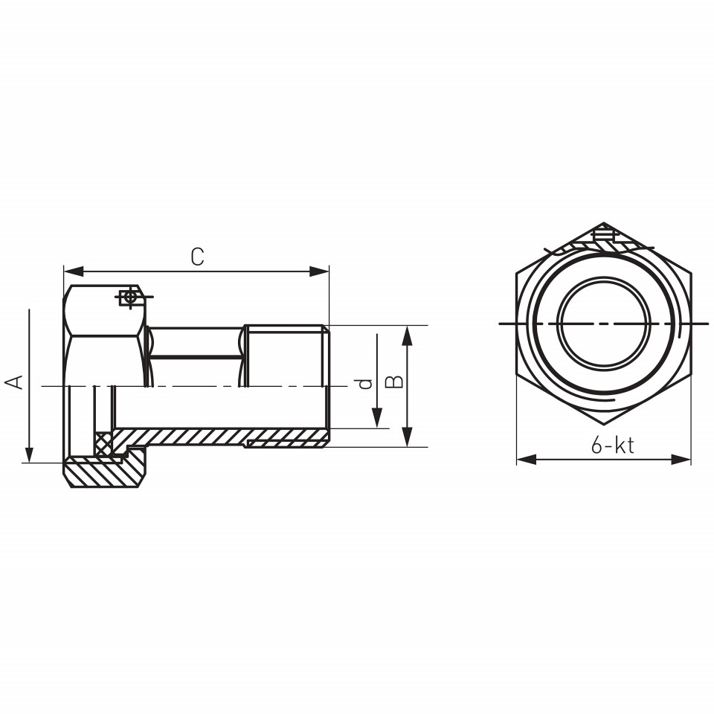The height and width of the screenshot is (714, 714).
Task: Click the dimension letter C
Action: coord(197,257)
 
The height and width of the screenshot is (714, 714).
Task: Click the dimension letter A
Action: coord(14,382)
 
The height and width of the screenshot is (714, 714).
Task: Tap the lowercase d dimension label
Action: coord(365,384)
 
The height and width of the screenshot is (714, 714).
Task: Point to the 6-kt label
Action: coord(612,445)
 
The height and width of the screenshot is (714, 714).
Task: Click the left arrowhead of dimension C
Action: coord(74,271)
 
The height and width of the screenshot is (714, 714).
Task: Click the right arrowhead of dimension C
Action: coord(319,271)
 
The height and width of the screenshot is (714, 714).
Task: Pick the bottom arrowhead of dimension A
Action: coord(29,454)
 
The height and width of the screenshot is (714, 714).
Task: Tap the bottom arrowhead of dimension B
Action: coord(408,437)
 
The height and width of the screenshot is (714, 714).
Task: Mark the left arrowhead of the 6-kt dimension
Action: coord(527,460)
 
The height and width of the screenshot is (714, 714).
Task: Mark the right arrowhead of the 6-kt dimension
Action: coord(681,460)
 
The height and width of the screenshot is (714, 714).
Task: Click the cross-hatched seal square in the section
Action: coord(103,443)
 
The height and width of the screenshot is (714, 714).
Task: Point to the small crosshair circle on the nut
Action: coord(130,297)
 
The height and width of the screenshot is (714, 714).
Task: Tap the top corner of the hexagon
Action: coord(604,222)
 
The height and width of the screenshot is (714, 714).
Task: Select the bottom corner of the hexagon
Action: coord(604,425)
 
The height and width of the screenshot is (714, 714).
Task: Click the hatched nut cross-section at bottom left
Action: coord(105,472)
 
